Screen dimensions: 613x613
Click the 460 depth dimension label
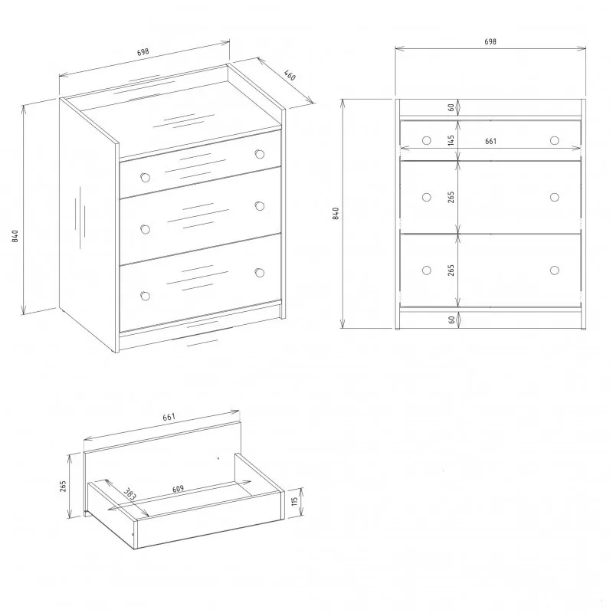click(290, 75)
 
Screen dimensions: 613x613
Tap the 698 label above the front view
click(490, 41)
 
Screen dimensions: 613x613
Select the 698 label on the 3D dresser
click(143, 52)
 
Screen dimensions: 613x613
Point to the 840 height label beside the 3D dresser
click(15, 236)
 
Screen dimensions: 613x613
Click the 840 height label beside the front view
click(336, 214)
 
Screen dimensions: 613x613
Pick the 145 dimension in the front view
click(451, 140)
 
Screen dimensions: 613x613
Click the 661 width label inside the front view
click(490, 141)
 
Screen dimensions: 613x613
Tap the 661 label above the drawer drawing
click(169, 417)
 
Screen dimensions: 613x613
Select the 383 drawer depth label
click(129, 493)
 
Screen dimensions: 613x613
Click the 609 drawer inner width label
click(178, 489)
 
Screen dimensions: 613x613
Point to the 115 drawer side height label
click(295, 500)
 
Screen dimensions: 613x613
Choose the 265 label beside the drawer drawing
click(63, 486)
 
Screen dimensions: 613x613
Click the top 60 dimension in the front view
click(451, 107)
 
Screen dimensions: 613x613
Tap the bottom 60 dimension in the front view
click(451, 320)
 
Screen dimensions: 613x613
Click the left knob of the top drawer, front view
click(427, 140)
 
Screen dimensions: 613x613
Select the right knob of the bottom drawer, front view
click(554, 270)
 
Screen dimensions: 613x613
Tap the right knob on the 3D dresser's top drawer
click(259, 154)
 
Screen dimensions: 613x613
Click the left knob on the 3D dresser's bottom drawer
click(145, 296)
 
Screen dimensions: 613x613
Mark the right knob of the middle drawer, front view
click(554, 197)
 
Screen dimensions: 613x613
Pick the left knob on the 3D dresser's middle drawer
click(145, 229)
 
